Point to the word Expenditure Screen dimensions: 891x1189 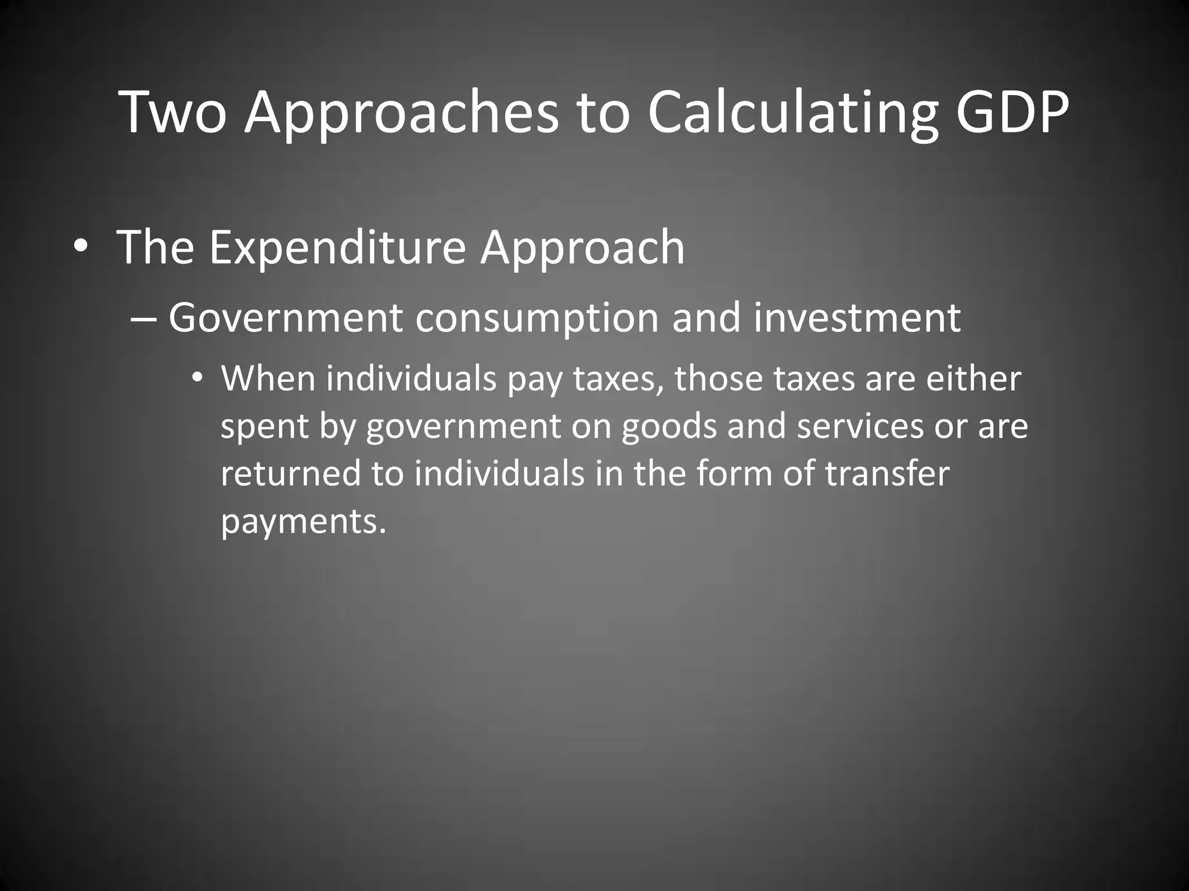(337, 247)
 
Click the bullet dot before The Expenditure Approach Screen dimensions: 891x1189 (81, 247)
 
